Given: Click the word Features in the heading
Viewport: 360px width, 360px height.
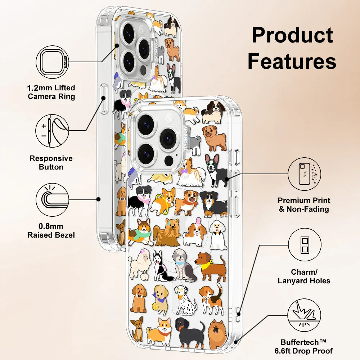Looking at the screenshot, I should pos(292,62).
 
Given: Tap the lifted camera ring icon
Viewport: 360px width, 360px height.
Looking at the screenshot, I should pos(52,62).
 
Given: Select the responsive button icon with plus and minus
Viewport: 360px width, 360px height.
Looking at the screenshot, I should pos(52,131).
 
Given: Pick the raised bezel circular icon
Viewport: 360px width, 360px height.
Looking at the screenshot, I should pos(52,199).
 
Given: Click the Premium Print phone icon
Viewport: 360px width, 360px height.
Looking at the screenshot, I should pos(305,174).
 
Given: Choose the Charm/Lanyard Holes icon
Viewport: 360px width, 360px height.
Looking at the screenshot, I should pos(305,245).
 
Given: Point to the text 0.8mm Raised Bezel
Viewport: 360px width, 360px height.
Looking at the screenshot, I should pos(51,231).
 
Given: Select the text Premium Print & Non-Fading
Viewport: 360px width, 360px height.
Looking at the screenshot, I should pos(304,205).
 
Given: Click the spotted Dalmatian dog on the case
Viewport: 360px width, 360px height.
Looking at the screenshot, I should pos(186,300).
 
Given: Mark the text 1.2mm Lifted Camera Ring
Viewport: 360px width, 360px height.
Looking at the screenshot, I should pos(51,92).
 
